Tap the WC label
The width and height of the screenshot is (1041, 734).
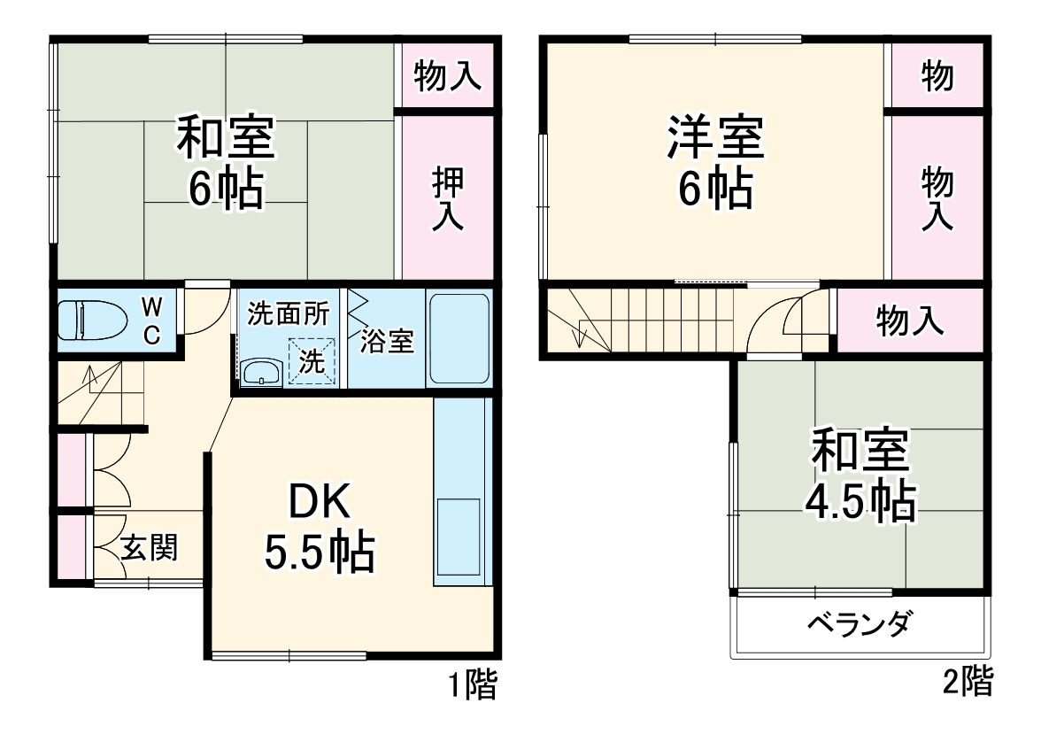[151, 321]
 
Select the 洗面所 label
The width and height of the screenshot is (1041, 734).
[289, 313]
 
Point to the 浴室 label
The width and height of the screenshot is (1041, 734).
[387, 341]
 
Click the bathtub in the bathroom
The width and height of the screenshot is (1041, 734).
[459, 339]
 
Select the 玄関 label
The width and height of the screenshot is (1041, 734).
[149, 548]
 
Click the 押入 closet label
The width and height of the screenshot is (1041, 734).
[448, 199]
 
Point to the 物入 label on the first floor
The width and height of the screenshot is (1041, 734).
[448, 77]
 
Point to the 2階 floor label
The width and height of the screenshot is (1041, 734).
[967, 681]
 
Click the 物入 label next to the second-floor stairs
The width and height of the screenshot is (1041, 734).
[910, 321]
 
